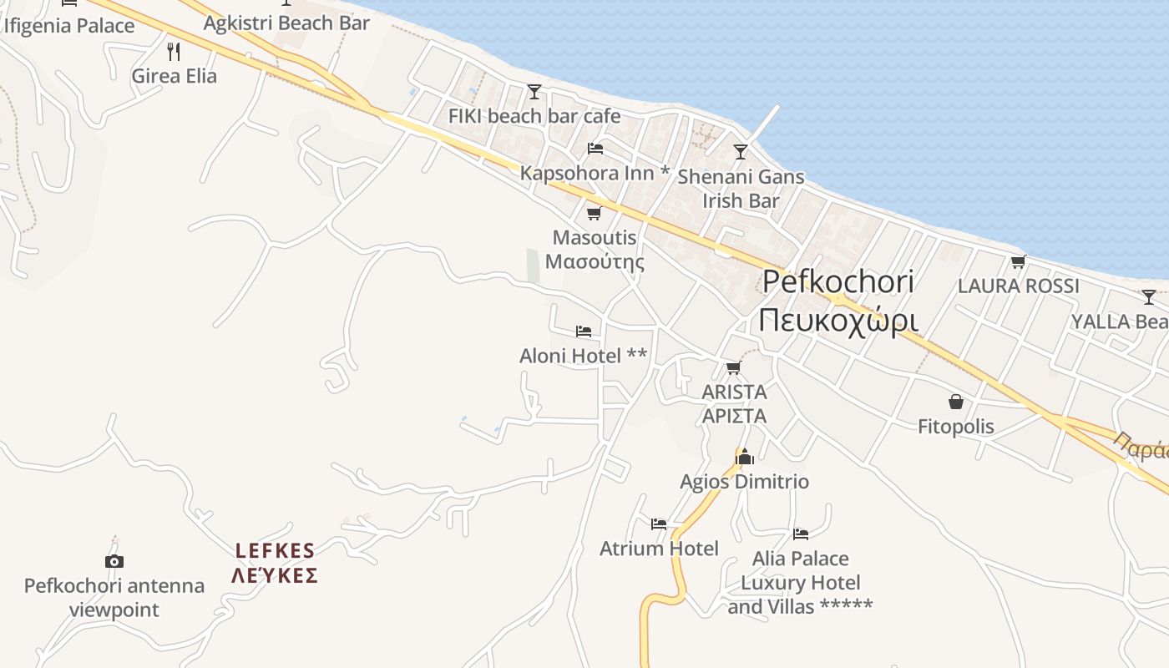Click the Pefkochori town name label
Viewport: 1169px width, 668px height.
coord(838,282)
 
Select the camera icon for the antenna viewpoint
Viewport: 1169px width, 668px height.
coord(114,561)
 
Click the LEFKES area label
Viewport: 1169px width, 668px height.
coord(275,550)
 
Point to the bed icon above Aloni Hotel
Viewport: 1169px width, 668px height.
coord(584,331)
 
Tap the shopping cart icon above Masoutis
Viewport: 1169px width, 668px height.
coord(594,214)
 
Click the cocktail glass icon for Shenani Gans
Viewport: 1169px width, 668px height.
coord(740,152)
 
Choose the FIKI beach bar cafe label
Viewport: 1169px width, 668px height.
coord(534,116)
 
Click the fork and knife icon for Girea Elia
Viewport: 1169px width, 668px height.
coord(174,52)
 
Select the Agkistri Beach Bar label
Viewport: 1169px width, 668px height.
coord(286,23)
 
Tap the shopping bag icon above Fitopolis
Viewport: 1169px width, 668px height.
coord(956,402)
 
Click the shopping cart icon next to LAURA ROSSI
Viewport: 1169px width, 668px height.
coord(1018,262)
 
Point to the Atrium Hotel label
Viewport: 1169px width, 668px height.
coord(659,549)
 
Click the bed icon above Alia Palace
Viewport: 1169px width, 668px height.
coord(801,534)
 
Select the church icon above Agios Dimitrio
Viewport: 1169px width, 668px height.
coord(745,457)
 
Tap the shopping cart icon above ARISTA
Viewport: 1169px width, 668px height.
coord(733,368)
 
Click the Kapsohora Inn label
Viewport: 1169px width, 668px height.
coord(595,173)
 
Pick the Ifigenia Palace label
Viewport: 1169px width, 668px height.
coord(69,26)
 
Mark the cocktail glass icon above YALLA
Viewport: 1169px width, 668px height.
coord(1149,297)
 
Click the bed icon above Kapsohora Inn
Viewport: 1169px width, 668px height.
coord(595,149)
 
